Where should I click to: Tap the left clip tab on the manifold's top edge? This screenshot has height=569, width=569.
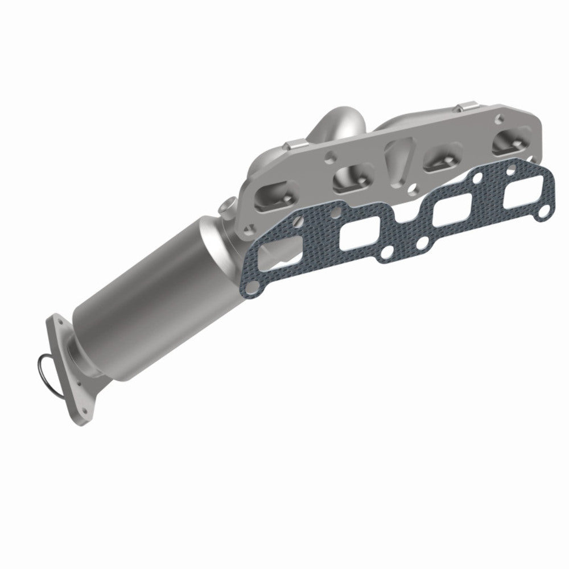296,146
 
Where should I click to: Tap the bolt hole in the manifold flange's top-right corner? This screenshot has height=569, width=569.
499,120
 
